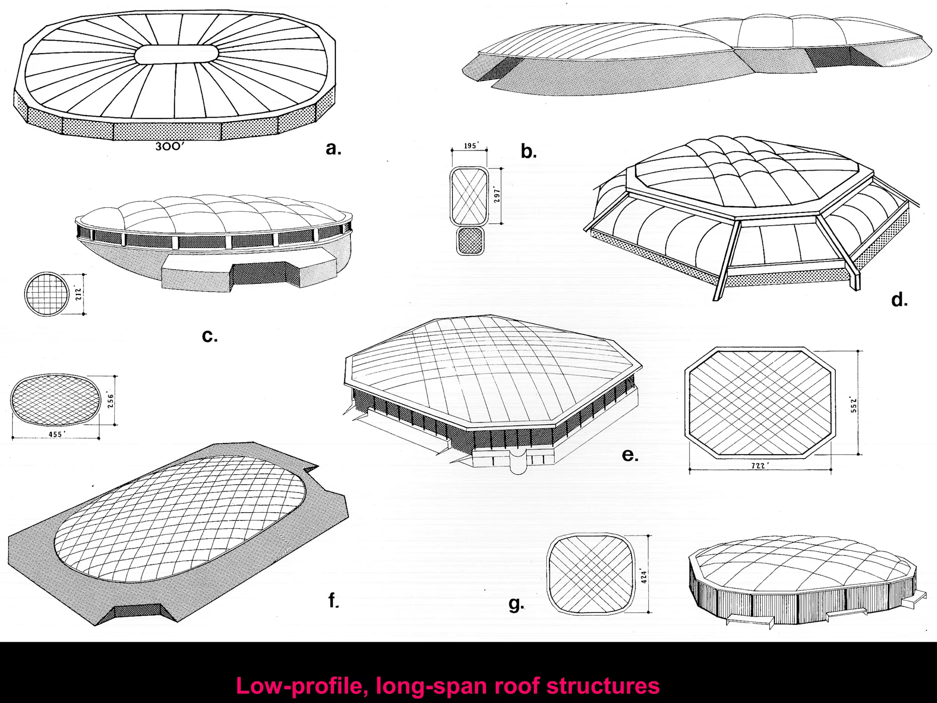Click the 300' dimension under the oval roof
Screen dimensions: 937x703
coord(169,146)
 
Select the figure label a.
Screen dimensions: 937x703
coord(334,148)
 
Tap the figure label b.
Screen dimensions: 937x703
coord(528,151)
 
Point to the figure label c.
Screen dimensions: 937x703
coord(210,336)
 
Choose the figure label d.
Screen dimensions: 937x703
coord(899,300)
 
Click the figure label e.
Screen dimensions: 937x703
coord(630,454)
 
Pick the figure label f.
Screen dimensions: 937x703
coord(334,600)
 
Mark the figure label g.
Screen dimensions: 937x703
coord(516,604)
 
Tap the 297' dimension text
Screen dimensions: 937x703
coord(497,195)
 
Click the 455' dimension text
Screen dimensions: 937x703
coord(55,434)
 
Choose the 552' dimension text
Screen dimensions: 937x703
coord(854,404)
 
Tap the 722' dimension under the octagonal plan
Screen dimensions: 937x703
coord(760,465)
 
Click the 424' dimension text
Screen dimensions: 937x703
coord(644,575)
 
